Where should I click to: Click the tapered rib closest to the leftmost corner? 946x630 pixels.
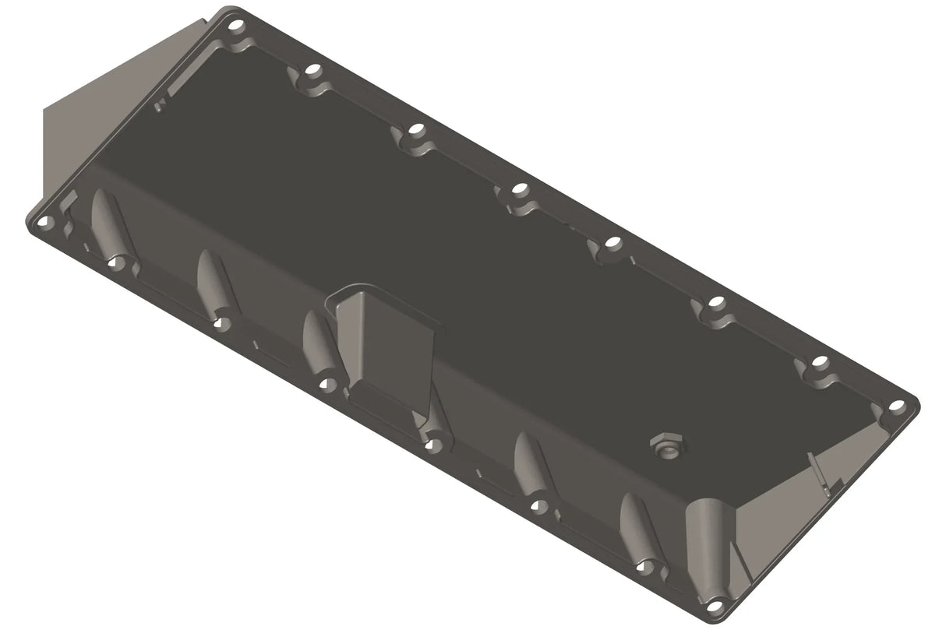click(108, 222)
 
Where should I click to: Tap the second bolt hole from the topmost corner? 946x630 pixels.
click(312, 71)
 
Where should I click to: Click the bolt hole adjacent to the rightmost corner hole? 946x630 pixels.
click(820, 362)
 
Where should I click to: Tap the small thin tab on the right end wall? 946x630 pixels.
click(816, 471)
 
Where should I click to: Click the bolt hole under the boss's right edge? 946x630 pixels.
click(434, 445)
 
